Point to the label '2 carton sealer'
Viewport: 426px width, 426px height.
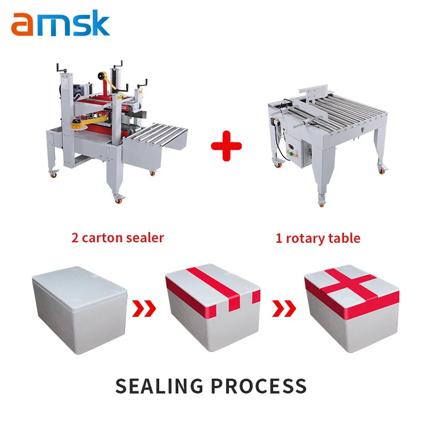[118, 237]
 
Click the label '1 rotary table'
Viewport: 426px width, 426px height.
[317, 237]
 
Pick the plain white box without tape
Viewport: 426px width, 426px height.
[80, 312]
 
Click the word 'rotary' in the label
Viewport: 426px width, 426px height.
[305, 238]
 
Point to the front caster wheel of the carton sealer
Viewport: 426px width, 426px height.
[119, 198]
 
